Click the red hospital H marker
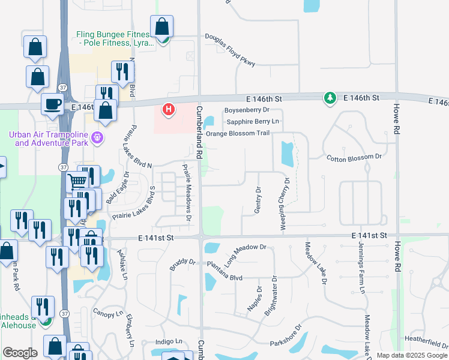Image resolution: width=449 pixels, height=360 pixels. (169, 110)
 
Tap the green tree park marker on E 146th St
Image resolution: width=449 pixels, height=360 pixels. (330, 98)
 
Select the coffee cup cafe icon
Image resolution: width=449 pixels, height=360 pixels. (52, 104)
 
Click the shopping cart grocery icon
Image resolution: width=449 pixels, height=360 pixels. (78, 181)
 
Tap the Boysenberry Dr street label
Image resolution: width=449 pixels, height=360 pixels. (247, 110)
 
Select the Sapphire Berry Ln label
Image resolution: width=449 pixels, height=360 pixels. (253, 121)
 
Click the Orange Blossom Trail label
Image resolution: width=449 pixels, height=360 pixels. (238, 133)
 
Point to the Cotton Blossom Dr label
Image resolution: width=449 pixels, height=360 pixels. (354, 157)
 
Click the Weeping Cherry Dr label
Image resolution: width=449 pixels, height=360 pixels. (286, 205)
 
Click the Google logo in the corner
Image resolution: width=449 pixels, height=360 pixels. (20, 353)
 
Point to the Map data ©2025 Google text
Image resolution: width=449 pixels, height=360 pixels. (411, 355)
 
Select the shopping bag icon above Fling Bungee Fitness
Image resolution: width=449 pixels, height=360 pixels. (162, 28)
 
